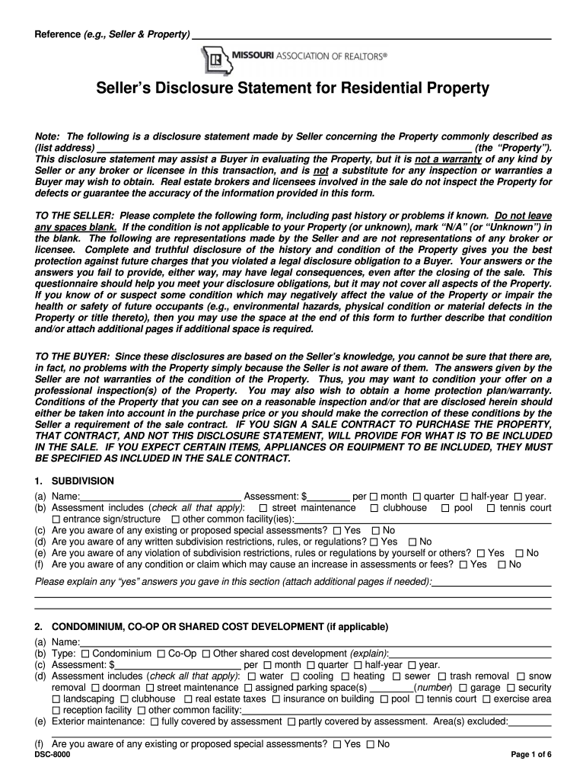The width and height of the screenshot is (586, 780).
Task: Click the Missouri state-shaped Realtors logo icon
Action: tap(215, 58)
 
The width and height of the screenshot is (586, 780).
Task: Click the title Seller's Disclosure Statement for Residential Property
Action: tap(292, 89)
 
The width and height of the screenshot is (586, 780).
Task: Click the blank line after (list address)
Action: tap(283, 147)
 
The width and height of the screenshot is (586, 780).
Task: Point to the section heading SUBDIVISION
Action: tap(82, 481)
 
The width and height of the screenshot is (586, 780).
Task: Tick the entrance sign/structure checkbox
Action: tap(56, 519)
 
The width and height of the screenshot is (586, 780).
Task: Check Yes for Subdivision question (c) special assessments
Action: tap(337, 530)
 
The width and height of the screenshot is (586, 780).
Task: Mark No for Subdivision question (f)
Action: tap(502, 564)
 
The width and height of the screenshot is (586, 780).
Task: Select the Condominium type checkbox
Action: tap(85, 654)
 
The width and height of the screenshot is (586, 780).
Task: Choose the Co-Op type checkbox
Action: tap(161, 654)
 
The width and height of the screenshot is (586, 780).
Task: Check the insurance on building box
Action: tap(276, 699)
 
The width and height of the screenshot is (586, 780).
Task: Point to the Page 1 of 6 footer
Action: tap(530, 755)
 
